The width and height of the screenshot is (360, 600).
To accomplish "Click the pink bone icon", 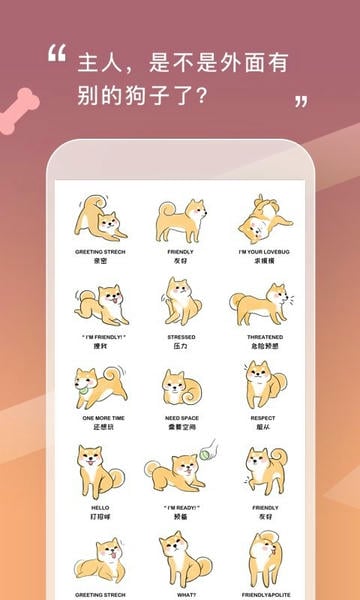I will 20,110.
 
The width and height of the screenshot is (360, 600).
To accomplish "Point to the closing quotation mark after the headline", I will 300,102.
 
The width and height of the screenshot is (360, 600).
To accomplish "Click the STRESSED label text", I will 181,338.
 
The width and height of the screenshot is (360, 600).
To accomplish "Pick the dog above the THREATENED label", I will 262,303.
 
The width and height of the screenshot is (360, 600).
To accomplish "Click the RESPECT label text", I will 263,419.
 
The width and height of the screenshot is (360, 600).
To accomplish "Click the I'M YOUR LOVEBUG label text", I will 263,253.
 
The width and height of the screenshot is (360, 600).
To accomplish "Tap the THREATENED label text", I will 263,338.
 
